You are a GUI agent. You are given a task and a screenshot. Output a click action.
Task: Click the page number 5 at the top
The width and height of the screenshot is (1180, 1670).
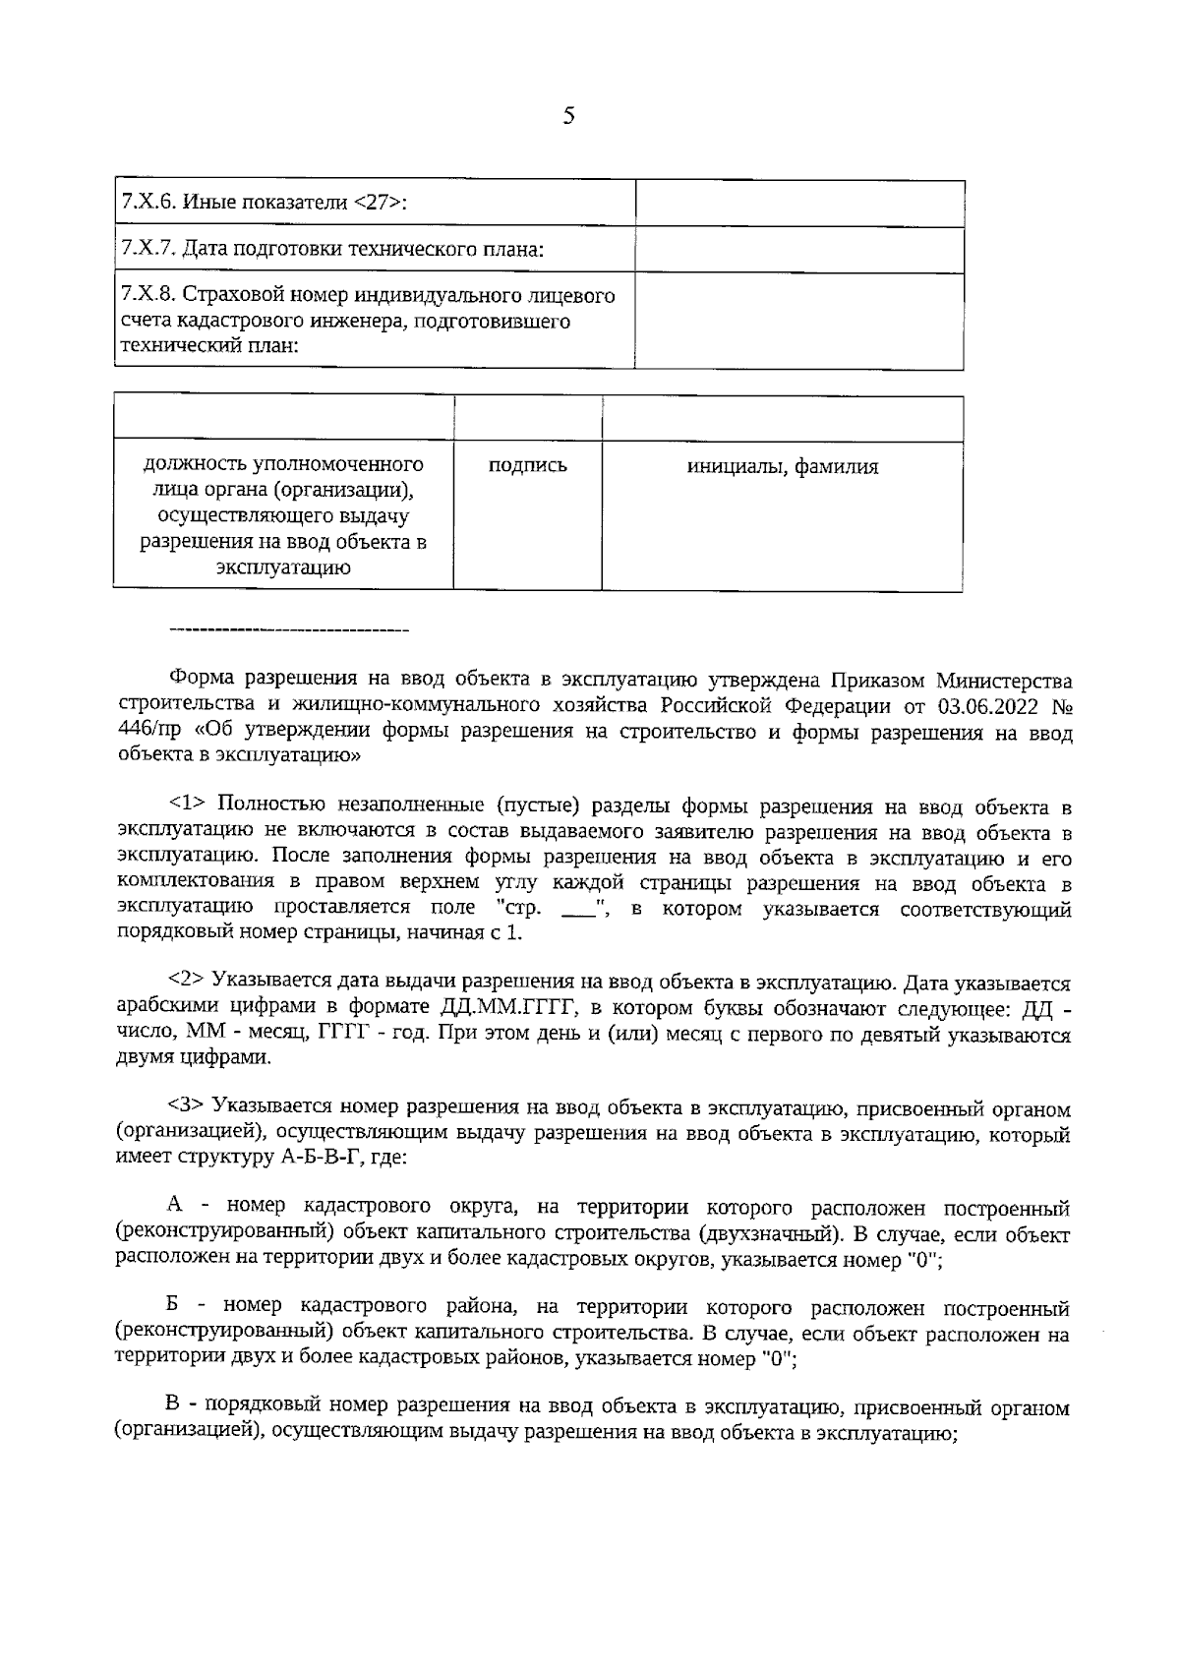(x=568, y=116)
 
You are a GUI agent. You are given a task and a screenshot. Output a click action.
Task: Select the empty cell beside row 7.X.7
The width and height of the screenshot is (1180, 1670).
(x=798, y=250)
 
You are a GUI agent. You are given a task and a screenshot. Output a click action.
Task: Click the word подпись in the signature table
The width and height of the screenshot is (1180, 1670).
(x=528, y=466)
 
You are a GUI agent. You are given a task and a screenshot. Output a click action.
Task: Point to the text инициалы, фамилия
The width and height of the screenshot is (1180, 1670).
(x=782, y=467)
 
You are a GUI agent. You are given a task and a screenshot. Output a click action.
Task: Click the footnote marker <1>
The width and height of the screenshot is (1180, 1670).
(x=186, y=807)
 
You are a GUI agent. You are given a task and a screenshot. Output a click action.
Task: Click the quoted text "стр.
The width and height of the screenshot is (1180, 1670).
(x=511, y=909)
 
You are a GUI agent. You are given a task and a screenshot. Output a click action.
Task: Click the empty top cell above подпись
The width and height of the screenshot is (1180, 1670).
(x=528, y=419)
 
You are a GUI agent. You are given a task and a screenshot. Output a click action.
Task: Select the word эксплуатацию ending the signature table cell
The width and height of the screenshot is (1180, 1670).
(x=283, y=568)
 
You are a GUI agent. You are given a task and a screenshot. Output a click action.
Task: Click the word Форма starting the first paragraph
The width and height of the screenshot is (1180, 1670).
(x=202, y=681)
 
